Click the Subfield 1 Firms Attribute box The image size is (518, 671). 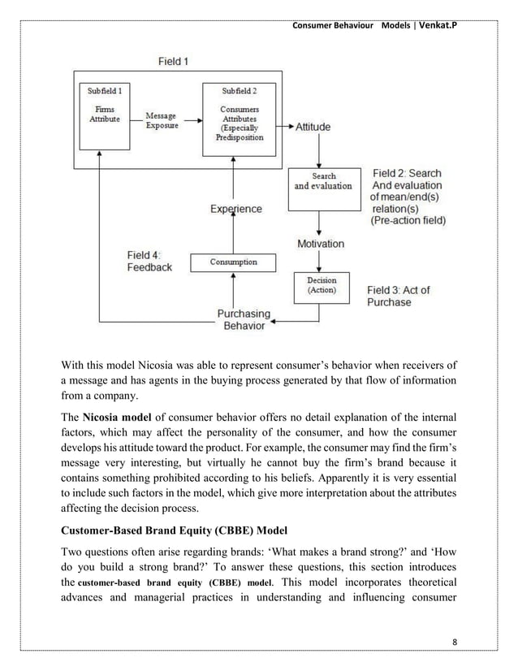tap(103, 115)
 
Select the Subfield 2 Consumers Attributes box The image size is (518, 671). tap(235, 115)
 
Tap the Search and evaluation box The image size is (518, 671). tap(323, 180)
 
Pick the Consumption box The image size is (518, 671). tap(234, 262)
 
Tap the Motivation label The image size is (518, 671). tap(321, 243)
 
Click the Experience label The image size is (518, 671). tap(236, 209)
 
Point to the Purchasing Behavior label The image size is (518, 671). tap(243, 319)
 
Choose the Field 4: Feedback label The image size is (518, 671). tap(149, 261)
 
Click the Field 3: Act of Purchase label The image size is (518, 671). tap(398, 297)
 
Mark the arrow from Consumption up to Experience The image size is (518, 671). tap(235, 236)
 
